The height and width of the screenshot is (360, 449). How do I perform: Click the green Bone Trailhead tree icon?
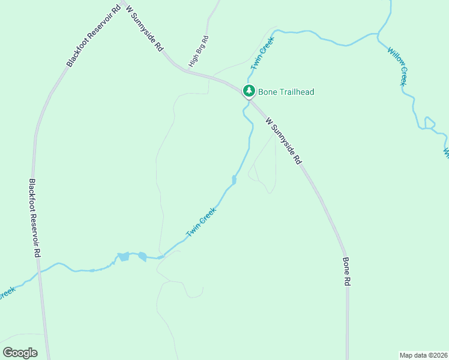pos(249,91)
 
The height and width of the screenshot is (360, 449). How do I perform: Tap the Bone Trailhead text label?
pos(286,92)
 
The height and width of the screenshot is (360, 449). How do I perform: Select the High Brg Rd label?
pos(198,52)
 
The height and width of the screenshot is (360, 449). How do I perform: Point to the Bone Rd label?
pos(346,272)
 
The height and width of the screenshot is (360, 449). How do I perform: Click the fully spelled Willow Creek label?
pos(397,66)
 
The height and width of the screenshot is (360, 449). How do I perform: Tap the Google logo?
pos(20,353)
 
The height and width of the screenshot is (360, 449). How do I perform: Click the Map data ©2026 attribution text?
pos(423,355)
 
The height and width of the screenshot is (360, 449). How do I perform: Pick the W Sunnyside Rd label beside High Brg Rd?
pos(142,29)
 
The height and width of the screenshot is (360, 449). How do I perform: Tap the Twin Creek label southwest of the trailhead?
pos(201,222)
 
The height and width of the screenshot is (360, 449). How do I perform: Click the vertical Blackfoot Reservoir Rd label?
pos(34,218)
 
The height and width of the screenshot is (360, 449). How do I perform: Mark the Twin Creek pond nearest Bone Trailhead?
pos(234,179)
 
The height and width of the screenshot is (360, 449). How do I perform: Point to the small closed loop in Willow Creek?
pos(429,122)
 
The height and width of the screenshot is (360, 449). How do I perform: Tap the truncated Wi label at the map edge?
pos(446,153)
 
